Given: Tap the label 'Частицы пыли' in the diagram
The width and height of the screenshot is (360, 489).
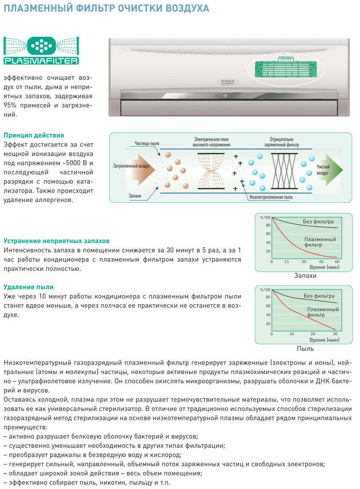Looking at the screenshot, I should point(147,143).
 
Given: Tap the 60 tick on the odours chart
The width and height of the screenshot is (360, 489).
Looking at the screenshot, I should point(337,262).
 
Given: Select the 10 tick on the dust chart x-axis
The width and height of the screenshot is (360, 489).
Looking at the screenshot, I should point(292,334).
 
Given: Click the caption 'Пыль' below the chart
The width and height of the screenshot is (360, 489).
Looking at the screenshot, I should point(305,349).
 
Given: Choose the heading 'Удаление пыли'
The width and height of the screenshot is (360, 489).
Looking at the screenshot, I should point(29,287).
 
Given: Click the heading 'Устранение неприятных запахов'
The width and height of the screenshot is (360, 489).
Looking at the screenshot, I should point(57,241).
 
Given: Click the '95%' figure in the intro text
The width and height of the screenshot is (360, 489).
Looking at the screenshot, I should point(11,105).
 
